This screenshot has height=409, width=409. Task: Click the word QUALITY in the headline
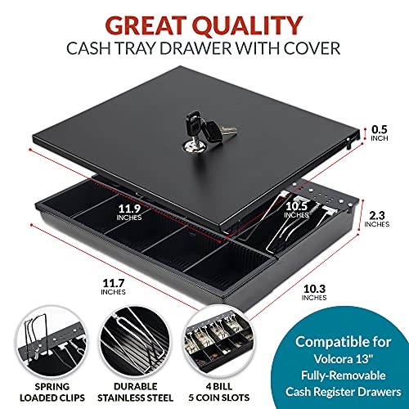coord(248,25)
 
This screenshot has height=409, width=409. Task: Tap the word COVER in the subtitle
coord(312,48)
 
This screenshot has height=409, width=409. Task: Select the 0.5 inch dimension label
coord(380,133)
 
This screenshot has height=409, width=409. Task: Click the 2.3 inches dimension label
coord(377,219)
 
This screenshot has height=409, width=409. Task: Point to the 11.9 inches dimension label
coord(129,213)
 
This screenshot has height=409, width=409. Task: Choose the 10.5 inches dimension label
coord(296,210)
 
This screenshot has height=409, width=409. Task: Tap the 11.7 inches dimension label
coord(113,287)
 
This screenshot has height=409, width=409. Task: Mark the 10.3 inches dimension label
coord(314,292)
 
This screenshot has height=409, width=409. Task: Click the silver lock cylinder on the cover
coord(194,146)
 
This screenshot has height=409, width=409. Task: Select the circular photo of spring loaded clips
coord(52,342)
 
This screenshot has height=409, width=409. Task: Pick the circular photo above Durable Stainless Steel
coord(135,342)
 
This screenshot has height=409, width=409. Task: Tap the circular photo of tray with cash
coord(219,342)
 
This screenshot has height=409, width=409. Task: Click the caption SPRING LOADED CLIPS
coord(52,392)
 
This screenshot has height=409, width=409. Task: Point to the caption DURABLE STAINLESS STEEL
coord(135,392)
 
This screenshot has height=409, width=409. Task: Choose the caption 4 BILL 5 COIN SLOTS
coord(219,392)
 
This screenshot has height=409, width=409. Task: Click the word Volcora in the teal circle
coord(332,359)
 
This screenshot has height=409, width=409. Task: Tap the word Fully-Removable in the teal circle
coord(344,375)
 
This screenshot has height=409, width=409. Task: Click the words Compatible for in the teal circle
coord(344,342)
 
